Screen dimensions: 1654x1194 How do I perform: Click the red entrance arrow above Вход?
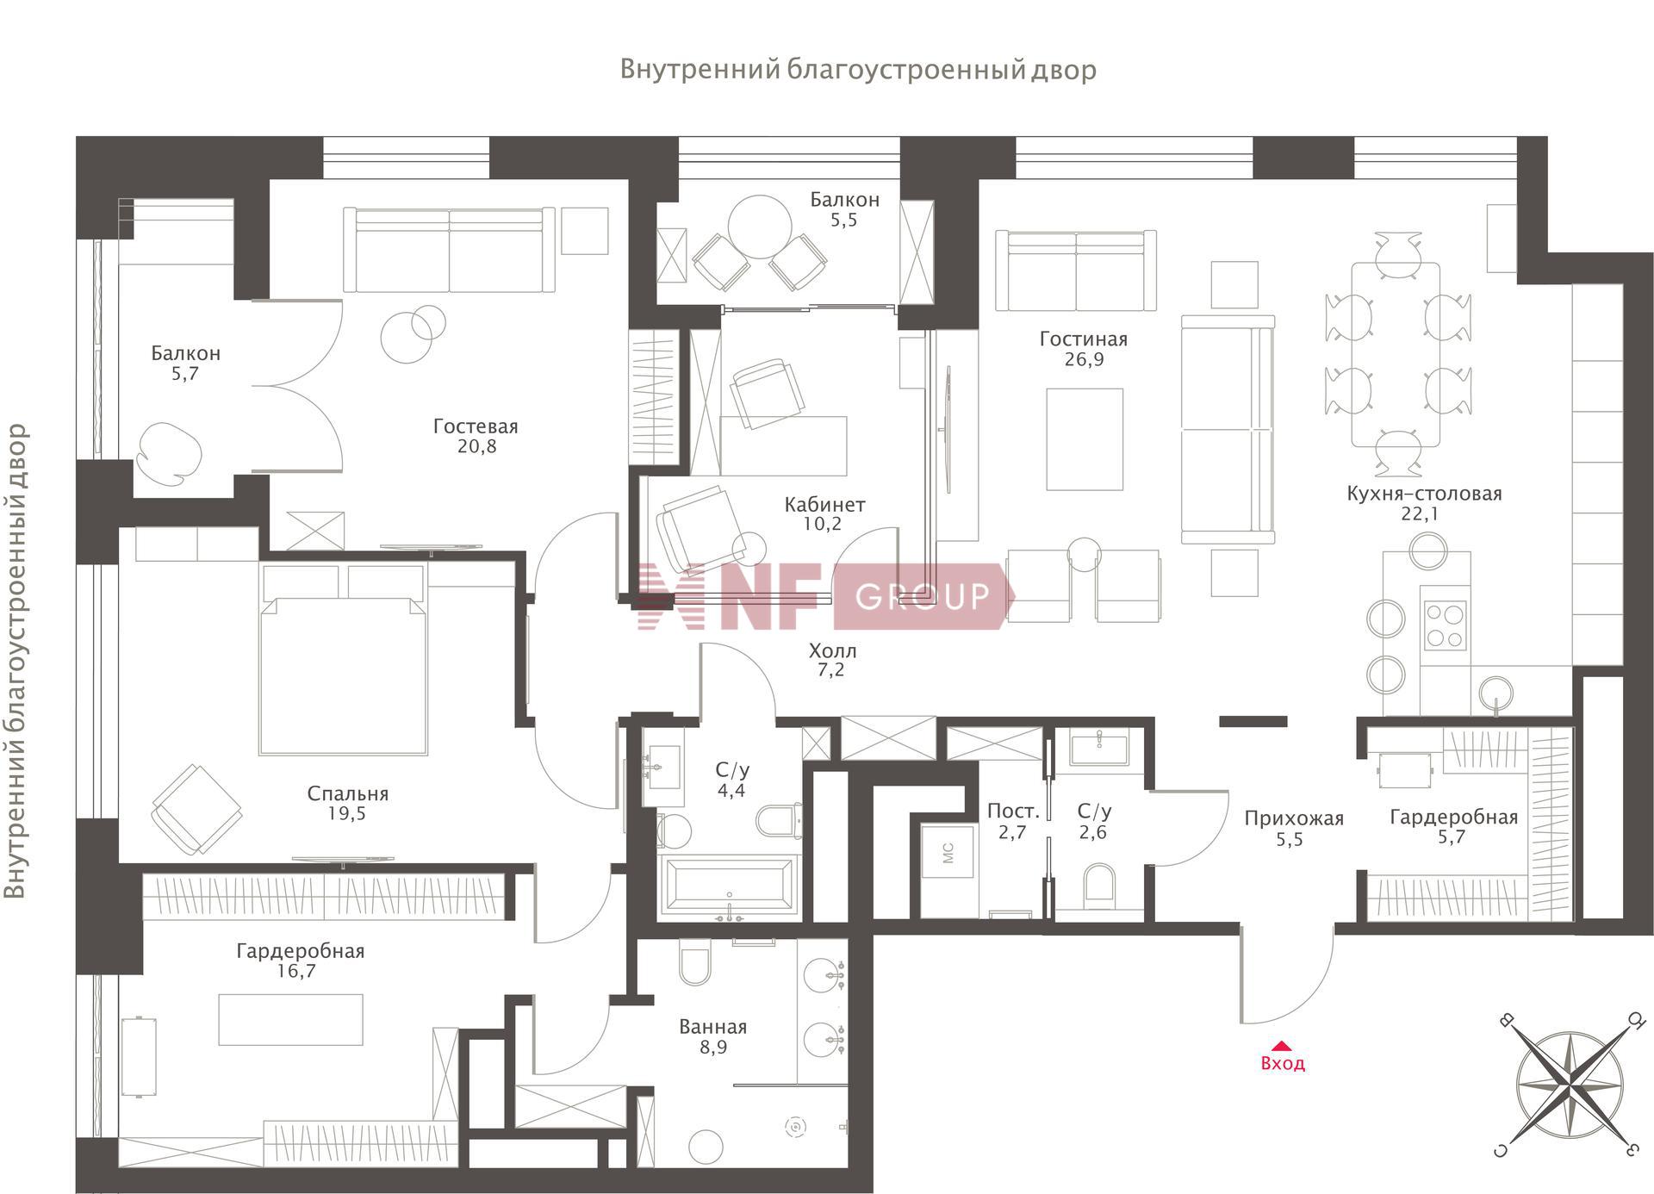coord(1282,1045)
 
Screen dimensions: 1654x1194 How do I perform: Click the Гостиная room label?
coord(1084,339)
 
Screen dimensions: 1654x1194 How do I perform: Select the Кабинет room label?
coord(824,504)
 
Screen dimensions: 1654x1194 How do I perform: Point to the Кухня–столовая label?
coord(1424,494)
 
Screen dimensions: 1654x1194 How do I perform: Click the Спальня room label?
coord(348,793)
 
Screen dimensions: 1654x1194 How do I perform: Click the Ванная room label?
coord(712,1027)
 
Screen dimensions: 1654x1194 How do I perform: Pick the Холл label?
coord(832,650)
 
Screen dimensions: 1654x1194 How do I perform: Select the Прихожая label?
coord(1294,818)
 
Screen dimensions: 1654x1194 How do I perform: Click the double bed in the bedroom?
coord(343,660)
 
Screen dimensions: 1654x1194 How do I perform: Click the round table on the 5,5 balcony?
coord(760,227)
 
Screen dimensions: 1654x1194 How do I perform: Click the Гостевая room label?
coord(476,426)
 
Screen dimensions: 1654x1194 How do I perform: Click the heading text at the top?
coord(858,69)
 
